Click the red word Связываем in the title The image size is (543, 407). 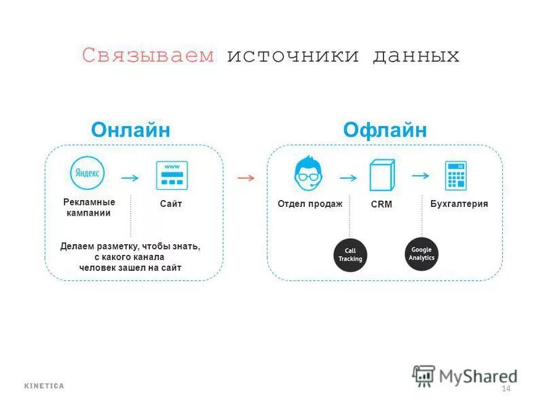[x=148, y=56]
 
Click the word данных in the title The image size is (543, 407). [x=415, y=56]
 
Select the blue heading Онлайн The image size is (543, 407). [x=130, y=130]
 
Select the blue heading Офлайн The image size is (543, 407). [x=385, y=130]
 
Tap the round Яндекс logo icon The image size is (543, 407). [x=88, y=174]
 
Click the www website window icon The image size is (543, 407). [x=172, y=175]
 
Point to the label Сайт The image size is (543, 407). [x=171, y=204]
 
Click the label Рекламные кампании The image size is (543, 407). [x=89, y=208]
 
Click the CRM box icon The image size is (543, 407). [x=381, y=175]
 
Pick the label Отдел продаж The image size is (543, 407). [x=310, y=203]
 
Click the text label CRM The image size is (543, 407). [x=381, y=204]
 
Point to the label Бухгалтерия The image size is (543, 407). [x=460, y=203]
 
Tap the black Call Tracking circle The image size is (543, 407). [x=350, y=255]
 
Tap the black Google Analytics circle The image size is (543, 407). [x=422, y=254]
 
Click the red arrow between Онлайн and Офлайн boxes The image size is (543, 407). [x=246, y=178]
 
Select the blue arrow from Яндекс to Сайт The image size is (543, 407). [x=130, y=178]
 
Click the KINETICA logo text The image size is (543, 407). [x=44, y=386]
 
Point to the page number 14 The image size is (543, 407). [x=505, y=389]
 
